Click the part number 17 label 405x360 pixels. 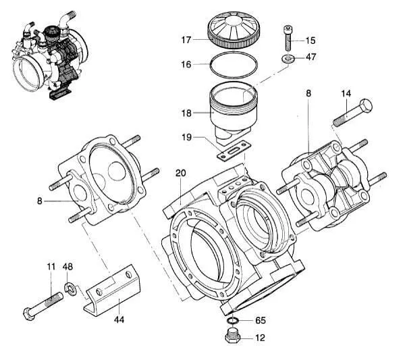pos(186,40)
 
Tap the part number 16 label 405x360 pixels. pos(186,64)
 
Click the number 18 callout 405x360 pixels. pos(186,113)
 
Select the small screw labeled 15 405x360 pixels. pos(288,36)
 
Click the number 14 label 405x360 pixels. pos(346,93)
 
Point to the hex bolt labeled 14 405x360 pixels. pos(353,113)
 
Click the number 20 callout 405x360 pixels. pos(180,173)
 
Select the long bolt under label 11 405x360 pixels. pos(44,305)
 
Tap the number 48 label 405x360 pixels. pos(68,267)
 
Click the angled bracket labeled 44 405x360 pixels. pos(111,292)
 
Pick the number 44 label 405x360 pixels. pos(119,318)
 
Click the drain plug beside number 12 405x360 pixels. pos(232,336)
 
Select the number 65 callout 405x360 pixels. pos(261,322)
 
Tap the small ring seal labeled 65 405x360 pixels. pos(232,320)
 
